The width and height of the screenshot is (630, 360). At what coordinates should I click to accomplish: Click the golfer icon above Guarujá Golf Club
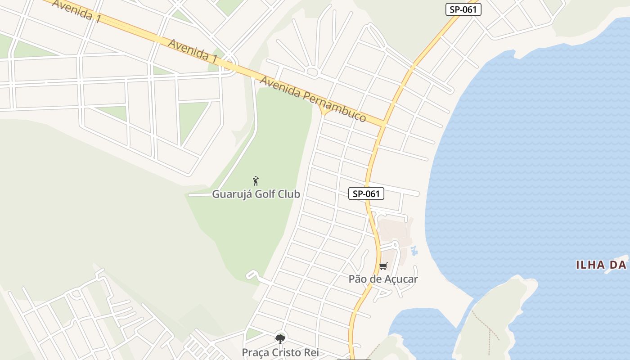tap(256, 181)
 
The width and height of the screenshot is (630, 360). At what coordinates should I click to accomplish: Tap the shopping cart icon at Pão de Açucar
tap(383, 266)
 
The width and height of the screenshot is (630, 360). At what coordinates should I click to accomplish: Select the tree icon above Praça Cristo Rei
tap(280, 339)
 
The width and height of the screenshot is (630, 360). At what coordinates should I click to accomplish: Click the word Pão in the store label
tap(358, 279)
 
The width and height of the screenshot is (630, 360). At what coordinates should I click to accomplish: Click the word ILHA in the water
tap(591, 265)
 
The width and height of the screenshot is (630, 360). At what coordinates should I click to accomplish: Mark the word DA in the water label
tap(620, 265)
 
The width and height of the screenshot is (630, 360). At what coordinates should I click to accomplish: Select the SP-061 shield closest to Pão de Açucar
tap(366, 194)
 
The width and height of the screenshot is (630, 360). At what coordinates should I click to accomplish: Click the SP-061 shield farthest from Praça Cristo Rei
tap(463, 9)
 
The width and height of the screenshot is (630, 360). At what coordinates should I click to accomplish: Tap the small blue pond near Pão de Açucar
tap(414, 250)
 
